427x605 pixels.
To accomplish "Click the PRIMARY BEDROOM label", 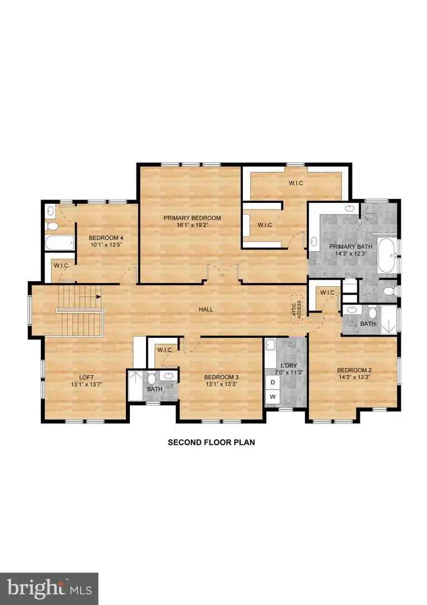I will click(192, 218).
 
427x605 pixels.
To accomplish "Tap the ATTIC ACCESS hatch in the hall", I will click(296, 309).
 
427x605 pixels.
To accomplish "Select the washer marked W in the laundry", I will click(273, 397).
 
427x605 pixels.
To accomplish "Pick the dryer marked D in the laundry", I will click(273, 382).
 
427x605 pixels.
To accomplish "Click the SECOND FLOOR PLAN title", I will click(212, 442).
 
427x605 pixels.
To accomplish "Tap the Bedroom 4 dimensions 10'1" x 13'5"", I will click(106, 244).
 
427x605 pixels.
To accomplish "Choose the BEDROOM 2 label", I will click(354, 370).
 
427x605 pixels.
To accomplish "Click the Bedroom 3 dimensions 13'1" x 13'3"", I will click(221, 384).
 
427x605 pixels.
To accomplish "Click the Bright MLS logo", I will click(49, 588).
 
